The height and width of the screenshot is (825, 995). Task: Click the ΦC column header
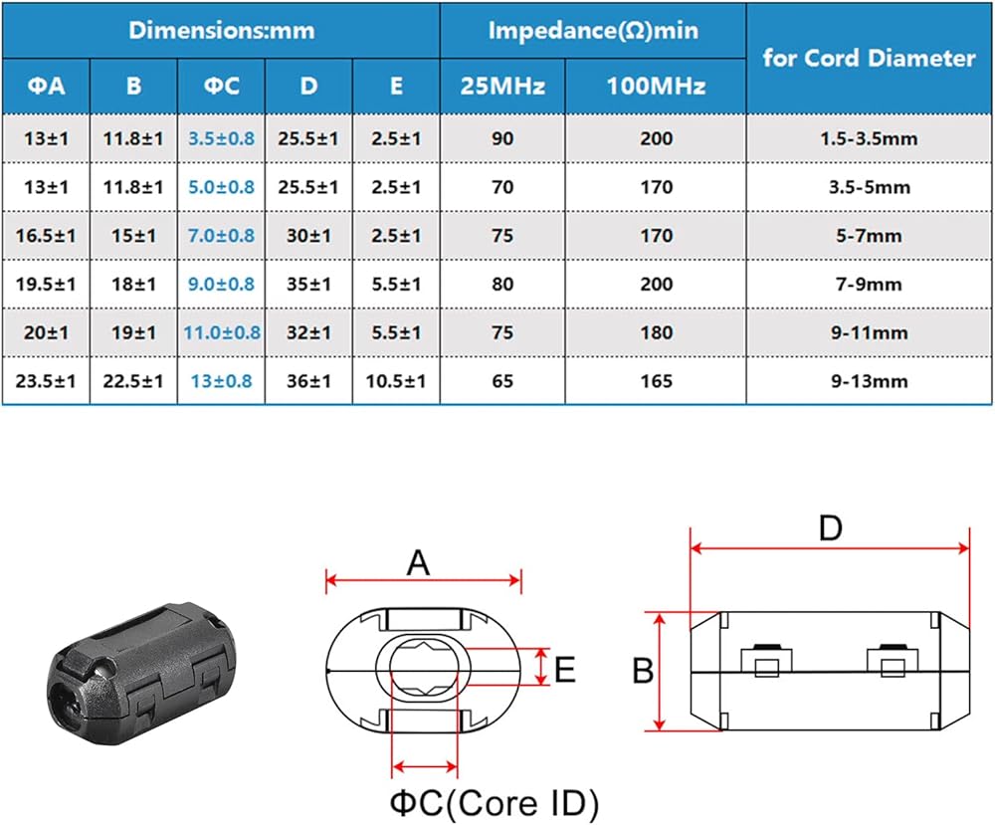pyautogui.click(x=222, y=86)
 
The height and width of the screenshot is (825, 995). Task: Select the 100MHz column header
pyautogui.click(x=656, y=86)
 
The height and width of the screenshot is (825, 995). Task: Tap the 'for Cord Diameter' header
pyautogui.click(x=869, y=58)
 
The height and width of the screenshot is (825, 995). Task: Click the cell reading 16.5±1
pyautogui.click(x=46, y=236)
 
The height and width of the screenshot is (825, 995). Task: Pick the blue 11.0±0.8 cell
pyautogui.click(x=222, y=332)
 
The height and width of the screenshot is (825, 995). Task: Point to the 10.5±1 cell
pyautogui.click(x=395, y=381)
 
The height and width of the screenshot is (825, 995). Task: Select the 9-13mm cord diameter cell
pyautogui.click(x=870, y=381)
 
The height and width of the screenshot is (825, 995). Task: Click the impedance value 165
pyautogui.click(x=656, y=381)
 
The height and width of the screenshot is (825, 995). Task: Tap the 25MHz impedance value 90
pyautogui.click(x=502, y=138)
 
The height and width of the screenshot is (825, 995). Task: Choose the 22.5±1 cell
pyautogui.click(x=133, y=381)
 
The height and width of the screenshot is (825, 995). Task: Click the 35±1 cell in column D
pyautogui.click(x=308, y=284)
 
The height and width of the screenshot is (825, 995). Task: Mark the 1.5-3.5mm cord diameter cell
pyautogui.click(x=869, y=138)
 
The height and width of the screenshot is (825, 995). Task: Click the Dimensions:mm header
pyautogui.click(x=222, y=31)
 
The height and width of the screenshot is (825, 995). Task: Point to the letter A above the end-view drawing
pyautogui.click(x=418, y=562)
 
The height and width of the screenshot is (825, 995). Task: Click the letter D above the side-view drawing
pyautogui.click(x=830, y=528)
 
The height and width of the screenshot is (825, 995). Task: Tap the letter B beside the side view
pyautogui.click(x=643, y=670)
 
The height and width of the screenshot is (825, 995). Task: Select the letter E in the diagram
pyautogui.click(x=565, y=669)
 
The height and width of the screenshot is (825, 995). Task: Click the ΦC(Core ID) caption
pyautogui.click(x=495, y=803)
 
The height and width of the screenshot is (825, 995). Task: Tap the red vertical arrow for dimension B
pyautogui.click(x=660, y=672)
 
